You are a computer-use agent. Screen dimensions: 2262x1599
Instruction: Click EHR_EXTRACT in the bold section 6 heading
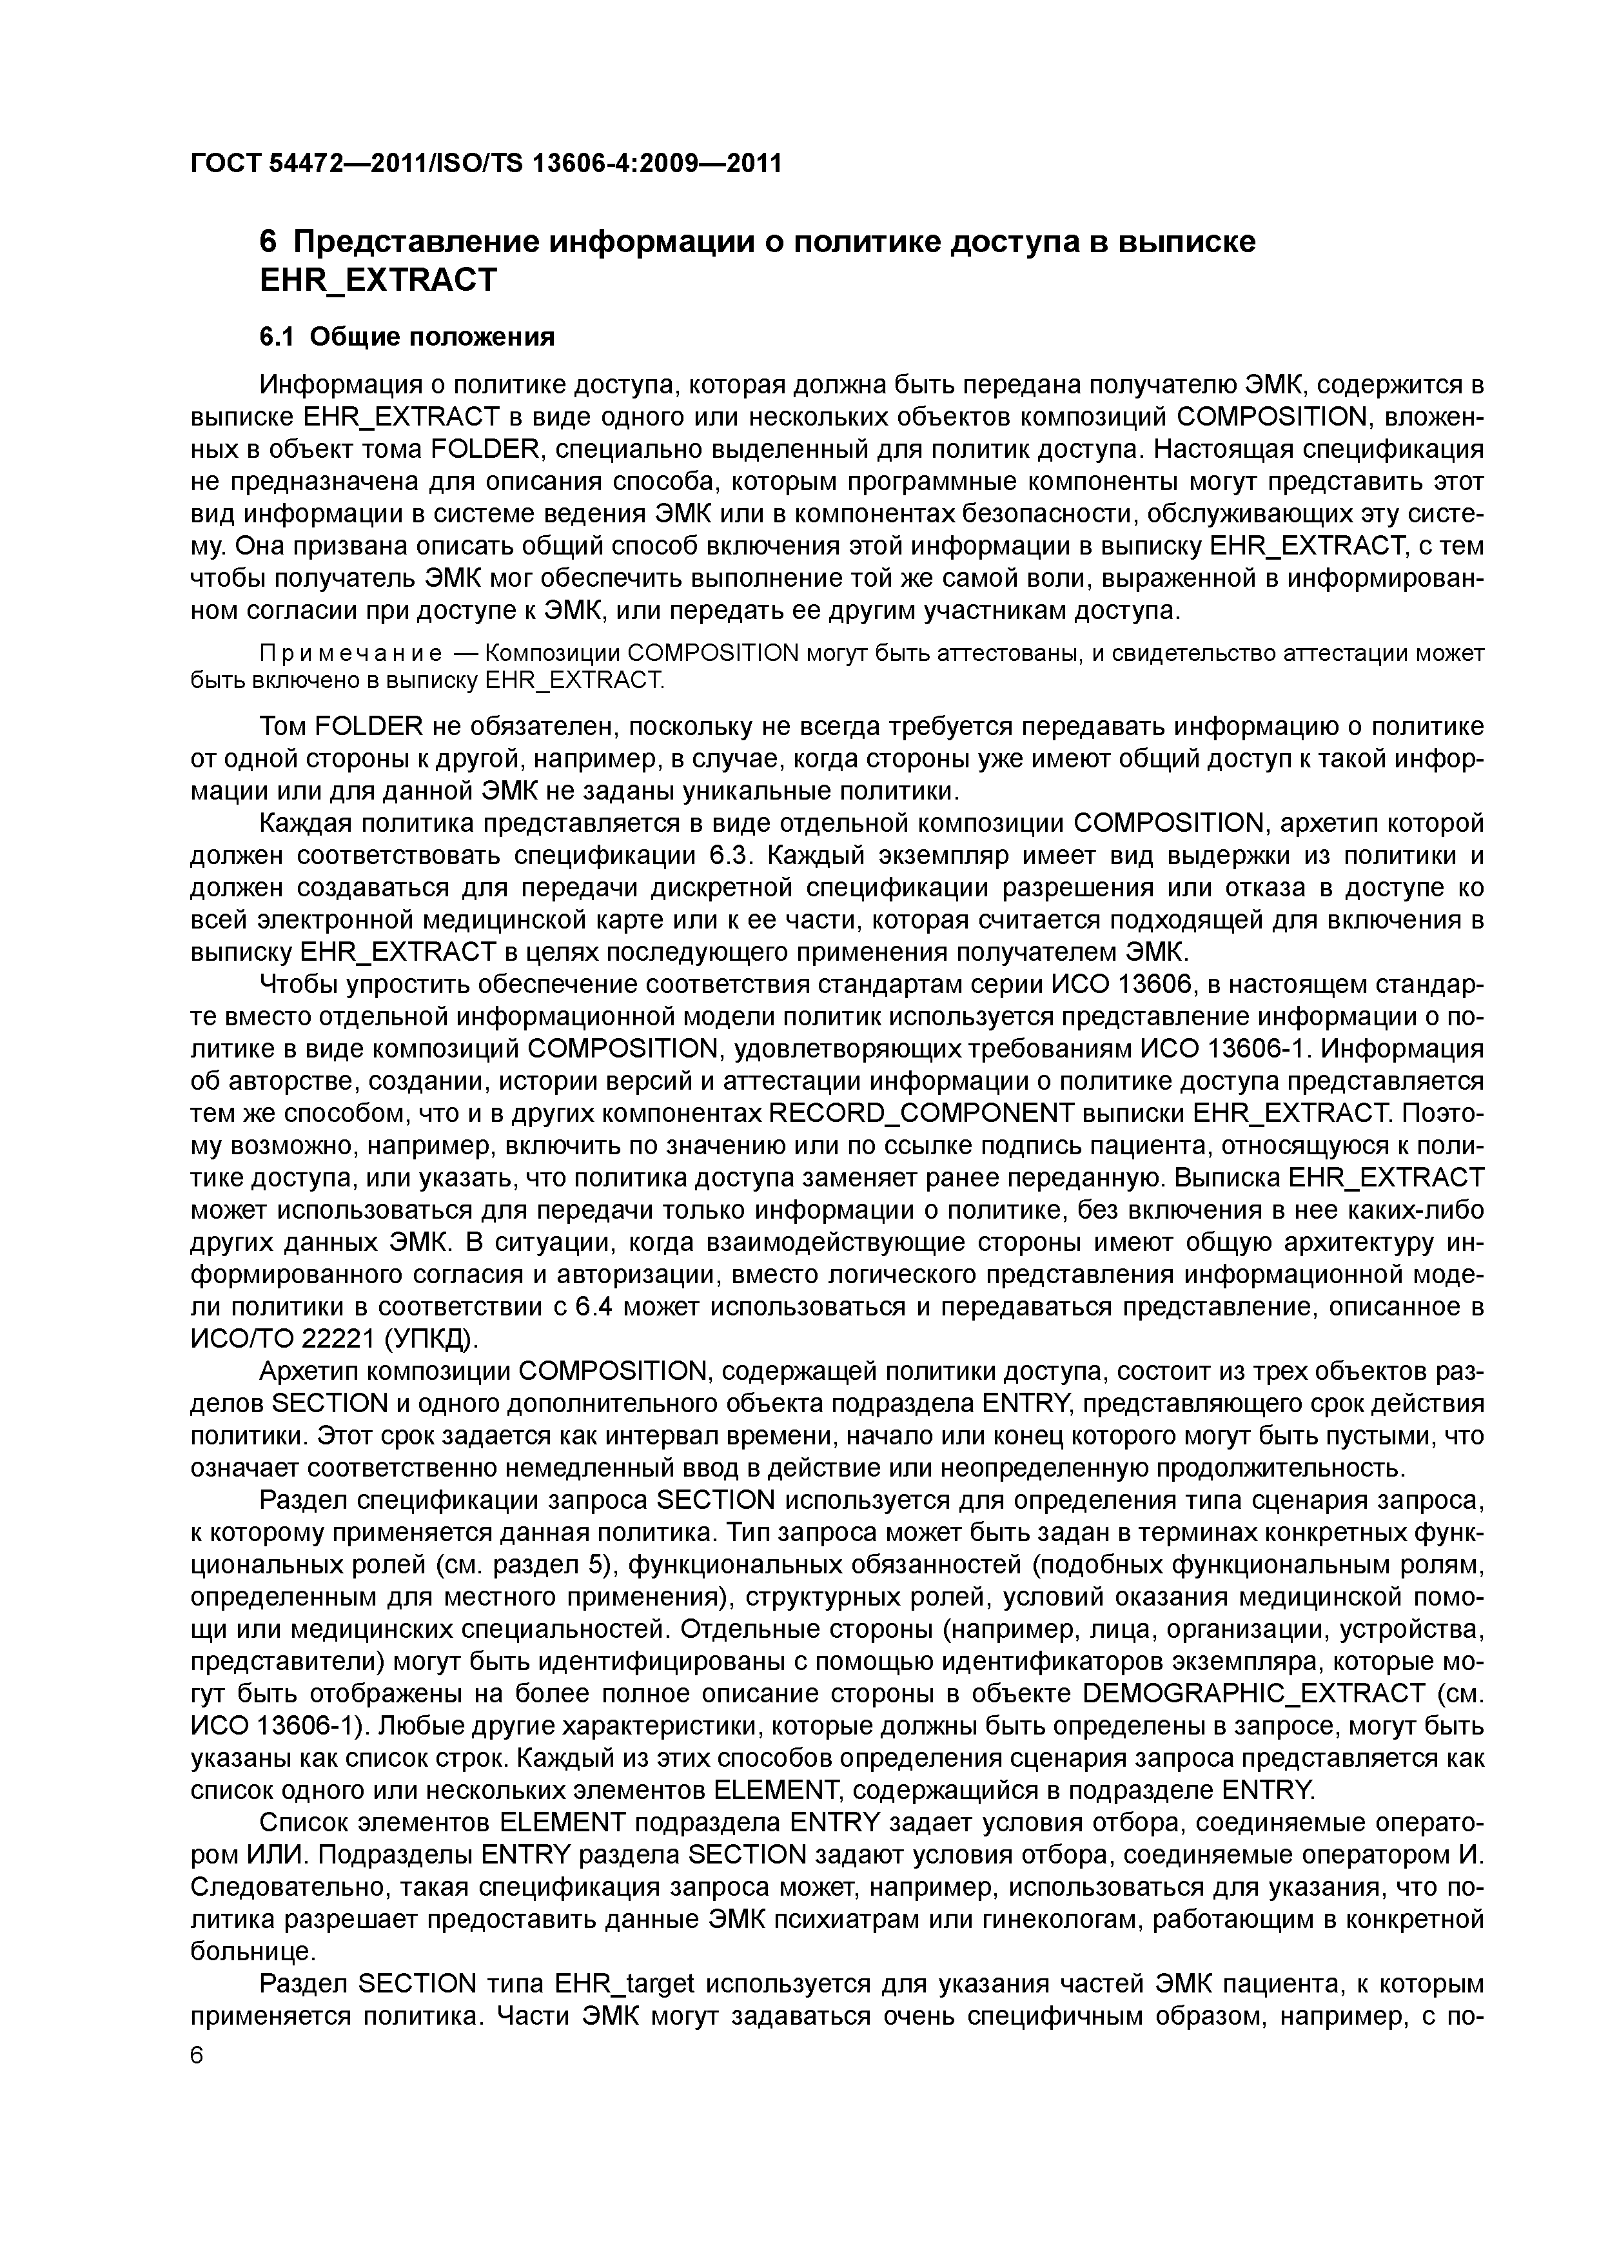click(377, 280)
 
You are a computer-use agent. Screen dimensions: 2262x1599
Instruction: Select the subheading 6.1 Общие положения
click(407, 337)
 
